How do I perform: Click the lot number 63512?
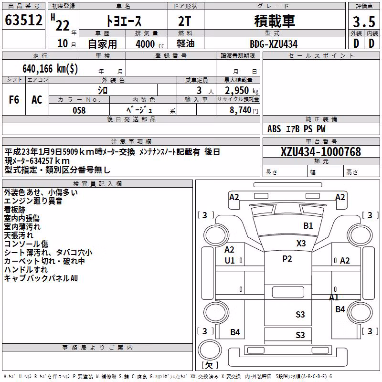pyautogui.click(x=23, y=20)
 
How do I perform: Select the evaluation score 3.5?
pyautogui.click(x=364, y=22)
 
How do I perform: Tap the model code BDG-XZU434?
pyautogui.click(x=274, y=44)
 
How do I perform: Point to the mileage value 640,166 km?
pyautogui.click(x=50, y=69)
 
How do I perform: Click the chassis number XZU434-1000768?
pyautogui.click(x=321, y=152)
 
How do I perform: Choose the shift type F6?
pyautogui.click(x=14, y=100)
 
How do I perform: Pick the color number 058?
pyautogui.click(x=79, y=110)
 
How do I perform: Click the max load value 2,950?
pyautogui.click(x=237, y=91)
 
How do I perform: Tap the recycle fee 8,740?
pyautogui.click(x=240, y=110)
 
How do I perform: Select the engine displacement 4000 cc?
pyautogui.click(x=150, y=44)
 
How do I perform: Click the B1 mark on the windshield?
pyautogui.click(x=308, y=225)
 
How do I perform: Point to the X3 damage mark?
pyautogui.click(x=301, y=243)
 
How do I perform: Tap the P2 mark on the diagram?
pyautogui.click(x=287, y=258)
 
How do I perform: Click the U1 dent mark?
pyautogui.click(x=230, y=260)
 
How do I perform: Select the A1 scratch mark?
pyautogui.click(x=334, y=297)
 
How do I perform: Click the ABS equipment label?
pyautogui.click(x=274, y=128)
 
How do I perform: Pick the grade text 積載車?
pyautogui.click(x=275, y=21)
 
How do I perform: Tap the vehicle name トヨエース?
pyautogui.click(x=124, y=21)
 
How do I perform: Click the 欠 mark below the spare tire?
pyautogui.click(x=209, y=365)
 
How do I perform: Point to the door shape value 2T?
pyautogui.click(x=184, y=21)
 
